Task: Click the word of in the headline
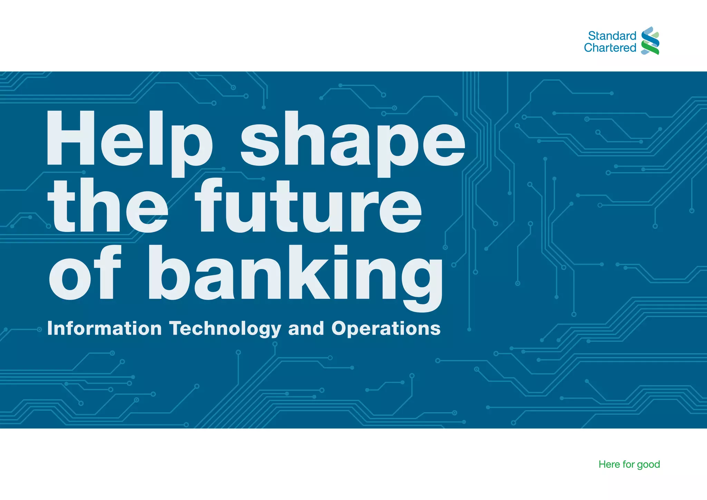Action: point(85,273)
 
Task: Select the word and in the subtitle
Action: point(306,328)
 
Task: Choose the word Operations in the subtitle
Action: point(386,329)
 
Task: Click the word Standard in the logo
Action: point(612,36)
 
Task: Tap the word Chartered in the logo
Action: point(610,48)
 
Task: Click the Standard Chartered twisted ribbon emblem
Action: point(650,41)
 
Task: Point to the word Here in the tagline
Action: point(609,464)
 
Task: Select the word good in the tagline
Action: point(648,465)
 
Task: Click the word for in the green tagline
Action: point(628,464)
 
